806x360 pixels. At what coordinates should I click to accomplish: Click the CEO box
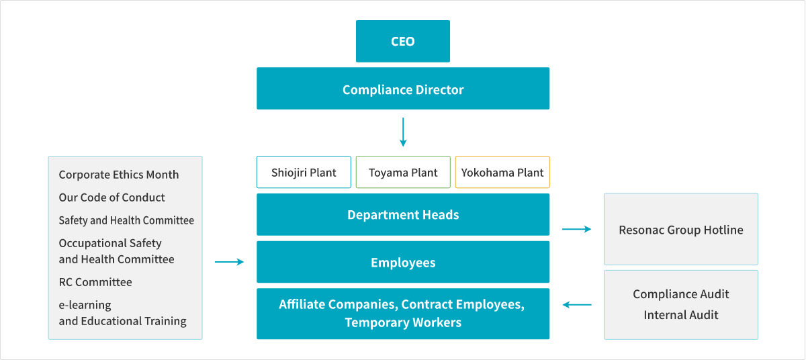(403, 42)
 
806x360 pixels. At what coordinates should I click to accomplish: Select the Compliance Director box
(403, 89)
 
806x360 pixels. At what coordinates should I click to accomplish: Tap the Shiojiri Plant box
(304, 173)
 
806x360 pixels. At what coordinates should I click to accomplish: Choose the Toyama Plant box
(403, 173)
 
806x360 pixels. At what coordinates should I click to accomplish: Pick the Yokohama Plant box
(502, 173)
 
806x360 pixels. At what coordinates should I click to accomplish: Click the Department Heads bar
(403, 215)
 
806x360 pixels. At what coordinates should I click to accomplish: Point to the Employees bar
(403, 263)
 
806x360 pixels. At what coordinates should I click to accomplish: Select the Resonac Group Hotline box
(680, 230)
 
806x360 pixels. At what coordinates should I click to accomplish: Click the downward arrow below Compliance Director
(403, 132)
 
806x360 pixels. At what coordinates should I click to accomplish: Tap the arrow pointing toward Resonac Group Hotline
(576, 230)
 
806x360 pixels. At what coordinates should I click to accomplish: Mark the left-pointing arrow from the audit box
(576, 305)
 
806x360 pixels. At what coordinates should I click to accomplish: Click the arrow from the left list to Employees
(229, 262)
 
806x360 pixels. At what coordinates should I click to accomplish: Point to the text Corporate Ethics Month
(119, 175)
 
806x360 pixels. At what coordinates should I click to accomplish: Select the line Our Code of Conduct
(111, 197)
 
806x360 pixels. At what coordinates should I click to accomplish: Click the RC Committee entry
(95, 282)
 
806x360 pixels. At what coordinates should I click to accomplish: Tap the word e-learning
(85, 305)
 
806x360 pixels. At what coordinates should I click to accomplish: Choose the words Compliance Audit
(680, 294)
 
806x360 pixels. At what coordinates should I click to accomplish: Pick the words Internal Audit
(680, 315)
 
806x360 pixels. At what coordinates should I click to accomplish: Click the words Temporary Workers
(403, 323)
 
